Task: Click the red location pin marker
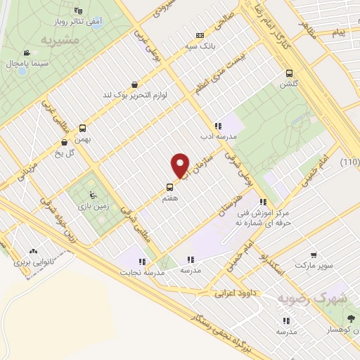(180, 166)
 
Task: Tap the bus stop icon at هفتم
(169, 187)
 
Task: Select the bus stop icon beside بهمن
(83, 128)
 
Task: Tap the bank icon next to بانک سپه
(200, 35)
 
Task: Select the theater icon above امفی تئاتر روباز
(78, 11)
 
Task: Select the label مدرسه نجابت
(141, 271)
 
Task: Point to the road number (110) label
(349, 162)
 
